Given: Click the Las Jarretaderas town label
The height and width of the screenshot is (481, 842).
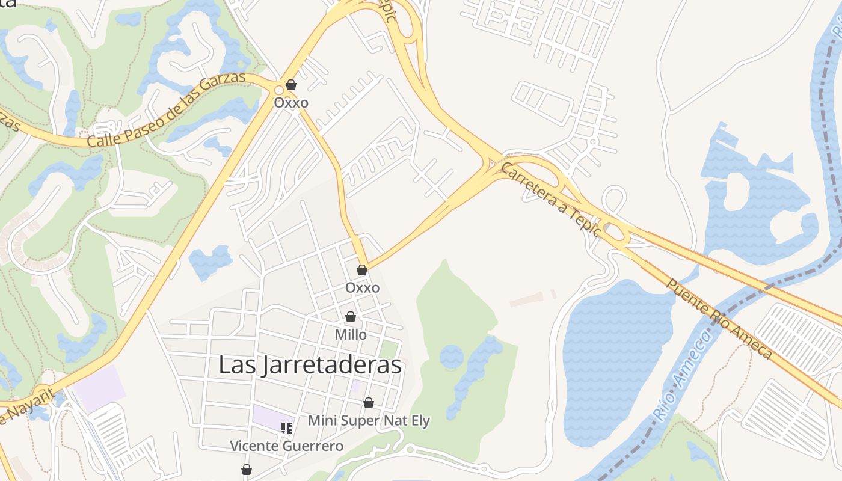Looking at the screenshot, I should [x=309, y=365].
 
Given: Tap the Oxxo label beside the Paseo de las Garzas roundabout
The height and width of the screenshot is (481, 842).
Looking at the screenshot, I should [x=291, y=103].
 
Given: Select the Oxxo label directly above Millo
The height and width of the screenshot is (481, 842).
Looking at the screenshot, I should [x=362, y=288].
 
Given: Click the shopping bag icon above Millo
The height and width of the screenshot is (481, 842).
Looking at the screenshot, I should [x=351, y=317].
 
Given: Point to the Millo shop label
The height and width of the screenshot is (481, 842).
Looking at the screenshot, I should [x=351, y=334].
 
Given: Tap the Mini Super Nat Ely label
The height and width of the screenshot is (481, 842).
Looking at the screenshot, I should [x=369, y=420].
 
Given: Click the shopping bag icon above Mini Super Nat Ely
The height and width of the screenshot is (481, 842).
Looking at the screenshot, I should [x=369, y=403].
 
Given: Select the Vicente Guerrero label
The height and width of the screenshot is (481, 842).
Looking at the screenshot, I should [x=286, y=446].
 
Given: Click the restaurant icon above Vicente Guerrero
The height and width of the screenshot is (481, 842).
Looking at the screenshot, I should [x=287, y=428].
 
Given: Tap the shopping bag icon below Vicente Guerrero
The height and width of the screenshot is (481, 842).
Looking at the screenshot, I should [x=246, y=470].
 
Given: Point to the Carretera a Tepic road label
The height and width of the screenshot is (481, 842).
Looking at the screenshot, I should [x=550, y=199].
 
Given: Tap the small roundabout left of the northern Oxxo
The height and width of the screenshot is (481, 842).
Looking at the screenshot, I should [x=278, y=91].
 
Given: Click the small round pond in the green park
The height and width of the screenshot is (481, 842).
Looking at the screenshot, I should [x=451, y=357].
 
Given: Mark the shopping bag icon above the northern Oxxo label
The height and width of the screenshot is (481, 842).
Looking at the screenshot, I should [x=291, y=85].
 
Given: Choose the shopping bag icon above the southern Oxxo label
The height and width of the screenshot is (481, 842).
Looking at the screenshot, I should [x=362, y=271].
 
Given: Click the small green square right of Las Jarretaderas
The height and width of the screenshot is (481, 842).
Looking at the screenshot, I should [x=389, y=349].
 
